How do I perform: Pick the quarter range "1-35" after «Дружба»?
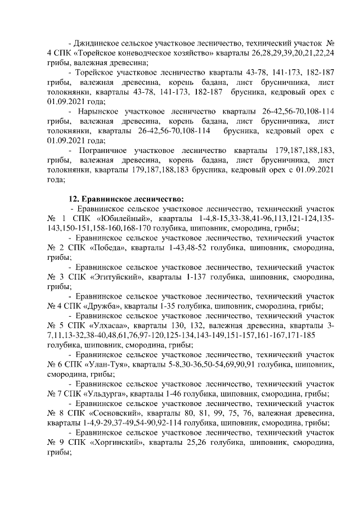click(175, 306)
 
